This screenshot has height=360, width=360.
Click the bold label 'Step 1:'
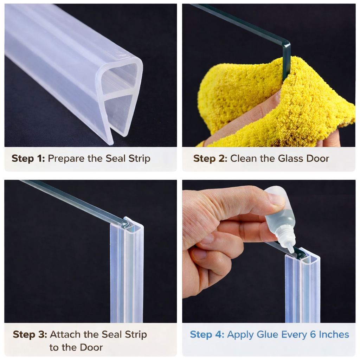(x=28, y=159)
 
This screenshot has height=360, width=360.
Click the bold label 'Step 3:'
(x=30, y=334)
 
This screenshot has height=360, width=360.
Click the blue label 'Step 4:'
(x=207, y=334)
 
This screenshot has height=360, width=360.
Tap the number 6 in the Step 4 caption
(x=313, y=334)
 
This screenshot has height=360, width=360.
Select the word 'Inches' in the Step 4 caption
(x=334, y=334)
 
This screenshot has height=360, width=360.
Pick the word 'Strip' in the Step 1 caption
(x=139, y=159)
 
